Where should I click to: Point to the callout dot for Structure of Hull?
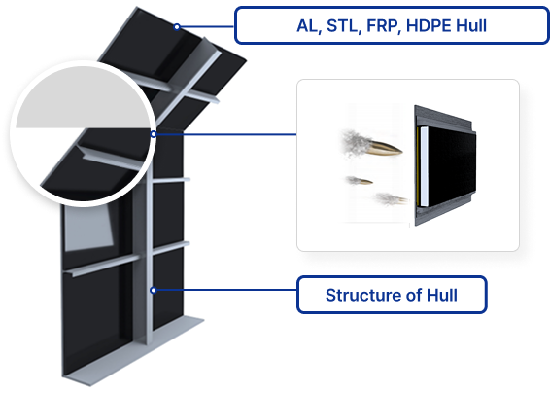[x=154, y=290]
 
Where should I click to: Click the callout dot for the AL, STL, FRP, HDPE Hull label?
[x=177, y=26]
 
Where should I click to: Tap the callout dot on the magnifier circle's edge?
[x=154, y=134]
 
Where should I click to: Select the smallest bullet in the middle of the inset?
[x=364, y=181]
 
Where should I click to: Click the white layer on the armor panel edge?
[x=424, y=166]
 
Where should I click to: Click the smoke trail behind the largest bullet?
[x=354, y=143]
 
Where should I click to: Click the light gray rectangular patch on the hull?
[x=89, y=228]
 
